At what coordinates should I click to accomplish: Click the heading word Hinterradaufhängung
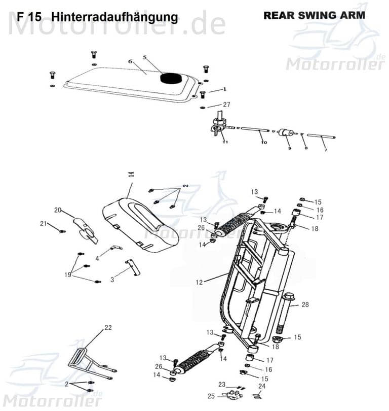tap(114, 17)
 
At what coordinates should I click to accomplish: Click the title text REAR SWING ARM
tap(314, 15)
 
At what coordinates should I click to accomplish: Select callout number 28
tap(305, 304)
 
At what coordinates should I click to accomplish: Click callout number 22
tap(107, 328)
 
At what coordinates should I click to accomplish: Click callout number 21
tap(44, 223)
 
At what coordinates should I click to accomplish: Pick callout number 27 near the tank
tap(226, 105)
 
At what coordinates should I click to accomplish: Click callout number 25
tap(211, 396)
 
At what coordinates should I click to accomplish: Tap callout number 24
tap(261, 386)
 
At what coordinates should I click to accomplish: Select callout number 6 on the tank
tap(130, 61)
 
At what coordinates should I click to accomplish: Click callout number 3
tap(112, 280)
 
